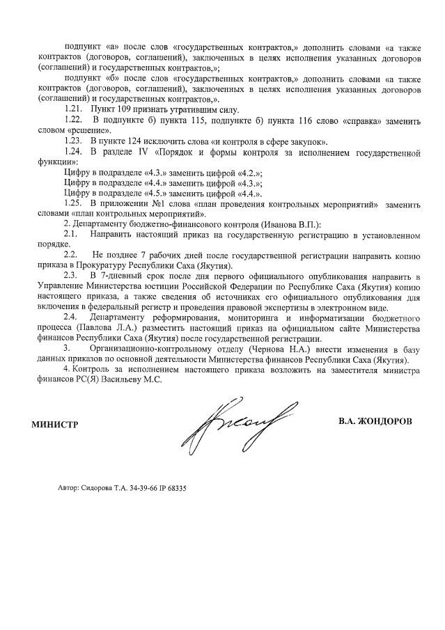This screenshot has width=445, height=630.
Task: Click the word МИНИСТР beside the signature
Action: click(x=54, y=423)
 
